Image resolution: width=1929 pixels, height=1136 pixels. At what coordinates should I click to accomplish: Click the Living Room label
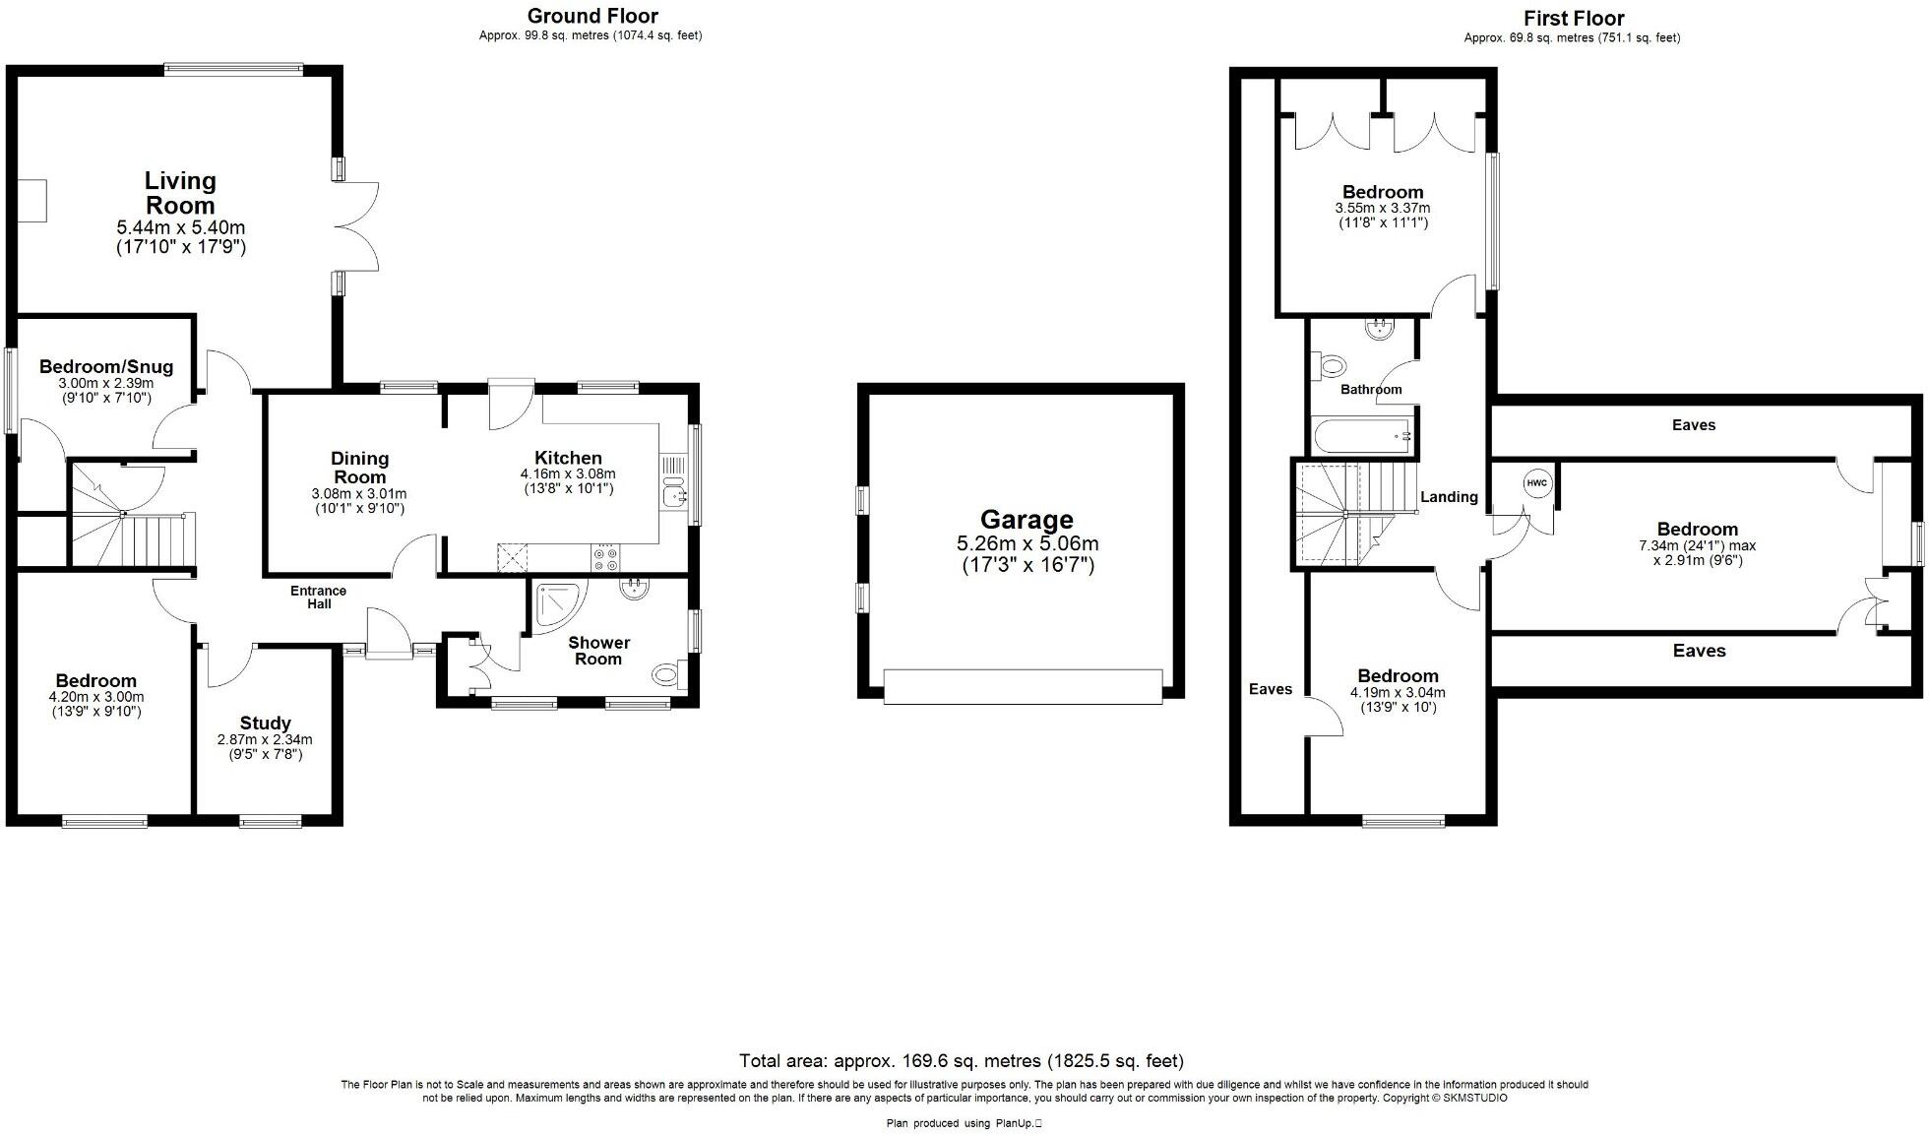tap(180, 193)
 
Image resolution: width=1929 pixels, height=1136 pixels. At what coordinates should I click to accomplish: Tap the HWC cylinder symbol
tap(1536, 483)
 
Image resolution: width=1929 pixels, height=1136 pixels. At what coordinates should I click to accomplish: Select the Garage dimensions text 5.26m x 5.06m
tap(1027, 544)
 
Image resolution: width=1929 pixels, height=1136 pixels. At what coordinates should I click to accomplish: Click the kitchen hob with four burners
tap(605, 559)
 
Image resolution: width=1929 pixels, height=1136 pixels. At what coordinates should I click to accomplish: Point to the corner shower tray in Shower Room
tap(557, 602)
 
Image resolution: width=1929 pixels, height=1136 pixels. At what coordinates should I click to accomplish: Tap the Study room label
tap(265, 723)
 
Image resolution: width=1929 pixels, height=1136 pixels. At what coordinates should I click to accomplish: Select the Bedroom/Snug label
tap(106, 367)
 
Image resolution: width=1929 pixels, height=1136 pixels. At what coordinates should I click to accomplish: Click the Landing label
tap(1449, 497)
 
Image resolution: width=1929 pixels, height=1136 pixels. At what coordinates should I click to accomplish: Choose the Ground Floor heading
tap(592, 16)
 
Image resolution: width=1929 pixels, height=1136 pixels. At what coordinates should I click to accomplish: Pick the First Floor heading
tap(1573, 18)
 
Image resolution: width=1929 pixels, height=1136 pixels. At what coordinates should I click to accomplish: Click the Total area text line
tap(961, 1061)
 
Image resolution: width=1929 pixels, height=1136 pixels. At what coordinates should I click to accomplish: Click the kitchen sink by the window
tap(675, 497)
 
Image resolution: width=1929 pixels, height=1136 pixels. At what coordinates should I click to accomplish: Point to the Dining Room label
tap(359, 468)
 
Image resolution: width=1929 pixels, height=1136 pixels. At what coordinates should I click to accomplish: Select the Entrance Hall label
tap(318, 598)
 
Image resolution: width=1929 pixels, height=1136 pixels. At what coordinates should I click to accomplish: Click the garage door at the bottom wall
tap(1023, 686)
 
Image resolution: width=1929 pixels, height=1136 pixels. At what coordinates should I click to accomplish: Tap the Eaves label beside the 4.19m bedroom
tap(1270, 689)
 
